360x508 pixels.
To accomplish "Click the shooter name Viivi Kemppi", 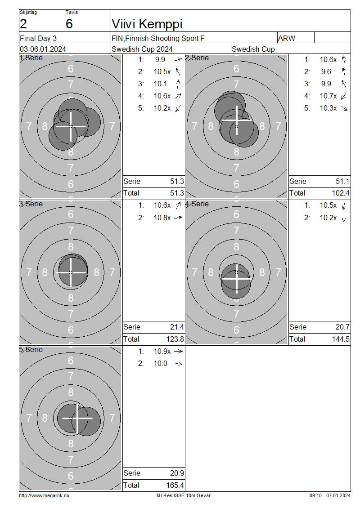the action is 147,24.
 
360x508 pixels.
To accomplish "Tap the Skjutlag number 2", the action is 23,24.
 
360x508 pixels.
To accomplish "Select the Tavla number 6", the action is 69,24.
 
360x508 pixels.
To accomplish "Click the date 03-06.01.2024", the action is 43,49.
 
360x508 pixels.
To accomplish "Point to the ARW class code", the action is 287,38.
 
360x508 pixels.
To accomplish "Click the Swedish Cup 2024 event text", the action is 142,49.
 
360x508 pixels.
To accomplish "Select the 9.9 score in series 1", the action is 160,60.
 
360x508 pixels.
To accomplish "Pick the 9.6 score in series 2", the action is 326,71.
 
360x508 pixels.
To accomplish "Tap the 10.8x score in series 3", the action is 162,218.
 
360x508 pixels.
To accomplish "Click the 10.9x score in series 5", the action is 162,351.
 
